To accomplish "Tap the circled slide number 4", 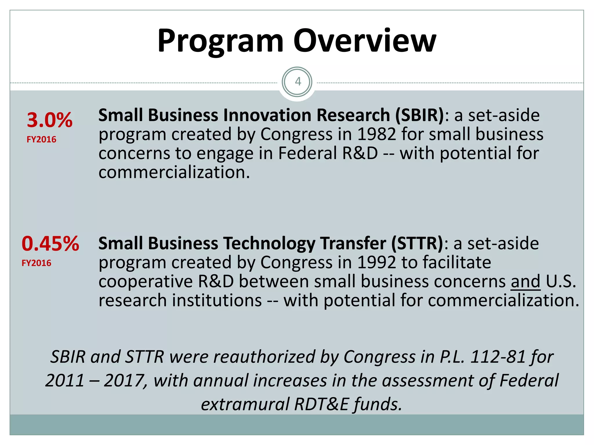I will point(297,82).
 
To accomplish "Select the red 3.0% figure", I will point(50,120).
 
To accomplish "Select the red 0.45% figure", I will point(50,243).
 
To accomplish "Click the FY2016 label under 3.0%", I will point(41,140).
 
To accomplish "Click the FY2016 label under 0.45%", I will point(37,263).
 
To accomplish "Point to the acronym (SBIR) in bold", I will point(419,115).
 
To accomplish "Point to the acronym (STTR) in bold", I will point(417,243).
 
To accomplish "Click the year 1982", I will point(376,134).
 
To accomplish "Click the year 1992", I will point(376,262).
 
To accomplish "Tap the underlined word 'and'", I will point(526,281).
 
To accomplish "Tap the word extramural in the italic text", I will point(245,404).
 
